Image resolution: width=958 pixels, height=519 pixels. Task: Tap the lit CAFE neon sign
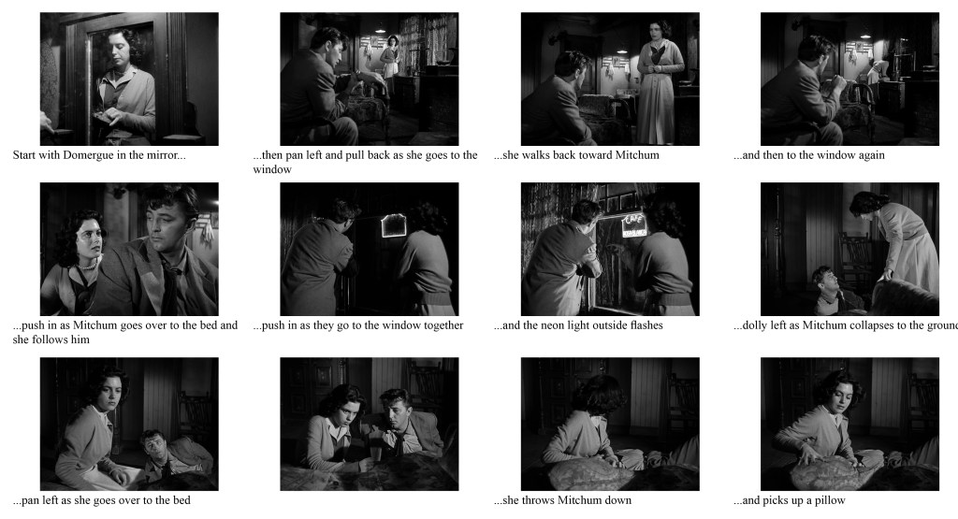pos(633,224)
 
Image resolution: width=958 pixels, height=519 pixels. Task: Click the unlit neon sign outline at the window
pos(393,225)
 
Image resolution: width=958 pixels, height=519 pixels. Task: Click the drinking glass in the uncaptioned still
pos(375,454)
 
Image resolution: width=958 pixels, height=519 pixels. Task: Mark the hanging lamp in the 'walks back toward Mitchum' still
pos(622,50)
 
